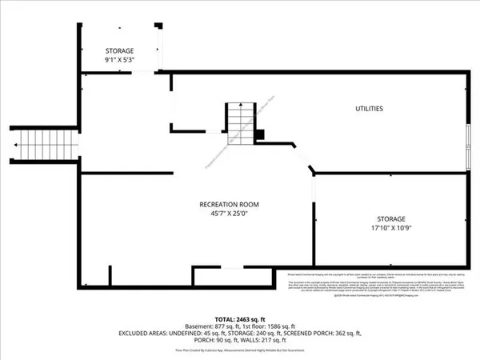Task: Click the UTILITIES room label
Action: click(369, 108)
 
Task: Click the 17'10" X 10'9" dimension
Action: click(392, 228)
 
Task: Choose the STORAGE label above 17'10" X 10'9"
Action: click(392, 218)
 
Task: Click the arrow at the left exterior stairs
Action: click(15, 146)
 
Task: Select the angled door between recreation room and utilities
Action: click(302, 161)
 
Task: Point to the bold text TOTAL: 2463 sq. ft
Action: click(239, 318)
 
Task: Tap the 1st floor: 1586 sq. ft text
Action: click(270, 326)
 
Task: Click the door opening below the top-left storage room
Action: click(143, 73)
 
